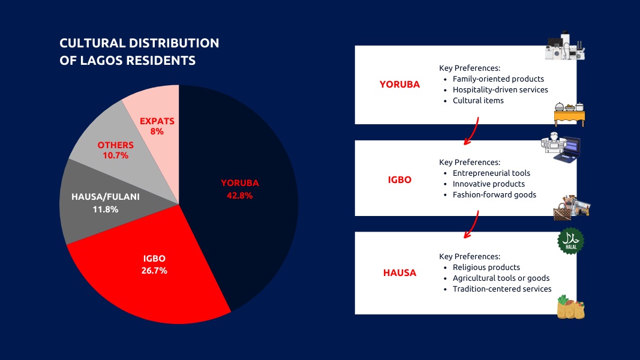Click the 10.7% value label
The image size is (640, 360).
coord(116,155)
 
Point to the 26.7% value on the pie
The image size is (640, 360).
coord(154,270)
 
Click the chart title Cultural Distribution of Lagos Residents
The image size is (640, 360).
coord(139,52)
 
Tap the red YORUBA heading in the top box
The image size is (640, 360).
coord(399,85)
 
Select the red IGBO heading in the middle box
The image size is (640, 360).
coord(399,179)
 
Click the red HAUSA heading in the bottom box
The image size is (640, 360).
coord(399,273)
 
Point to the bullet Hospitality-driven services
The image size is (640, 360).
coord(500,90)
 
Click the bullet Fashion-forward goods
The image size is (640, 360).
coord(494,194)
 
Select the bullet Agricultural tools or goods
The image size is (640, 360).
coord(501,278)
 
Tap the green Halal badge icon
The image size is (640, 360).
coord(571,241)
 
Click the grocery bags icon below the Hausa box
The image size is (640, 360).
coord(570,307)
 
